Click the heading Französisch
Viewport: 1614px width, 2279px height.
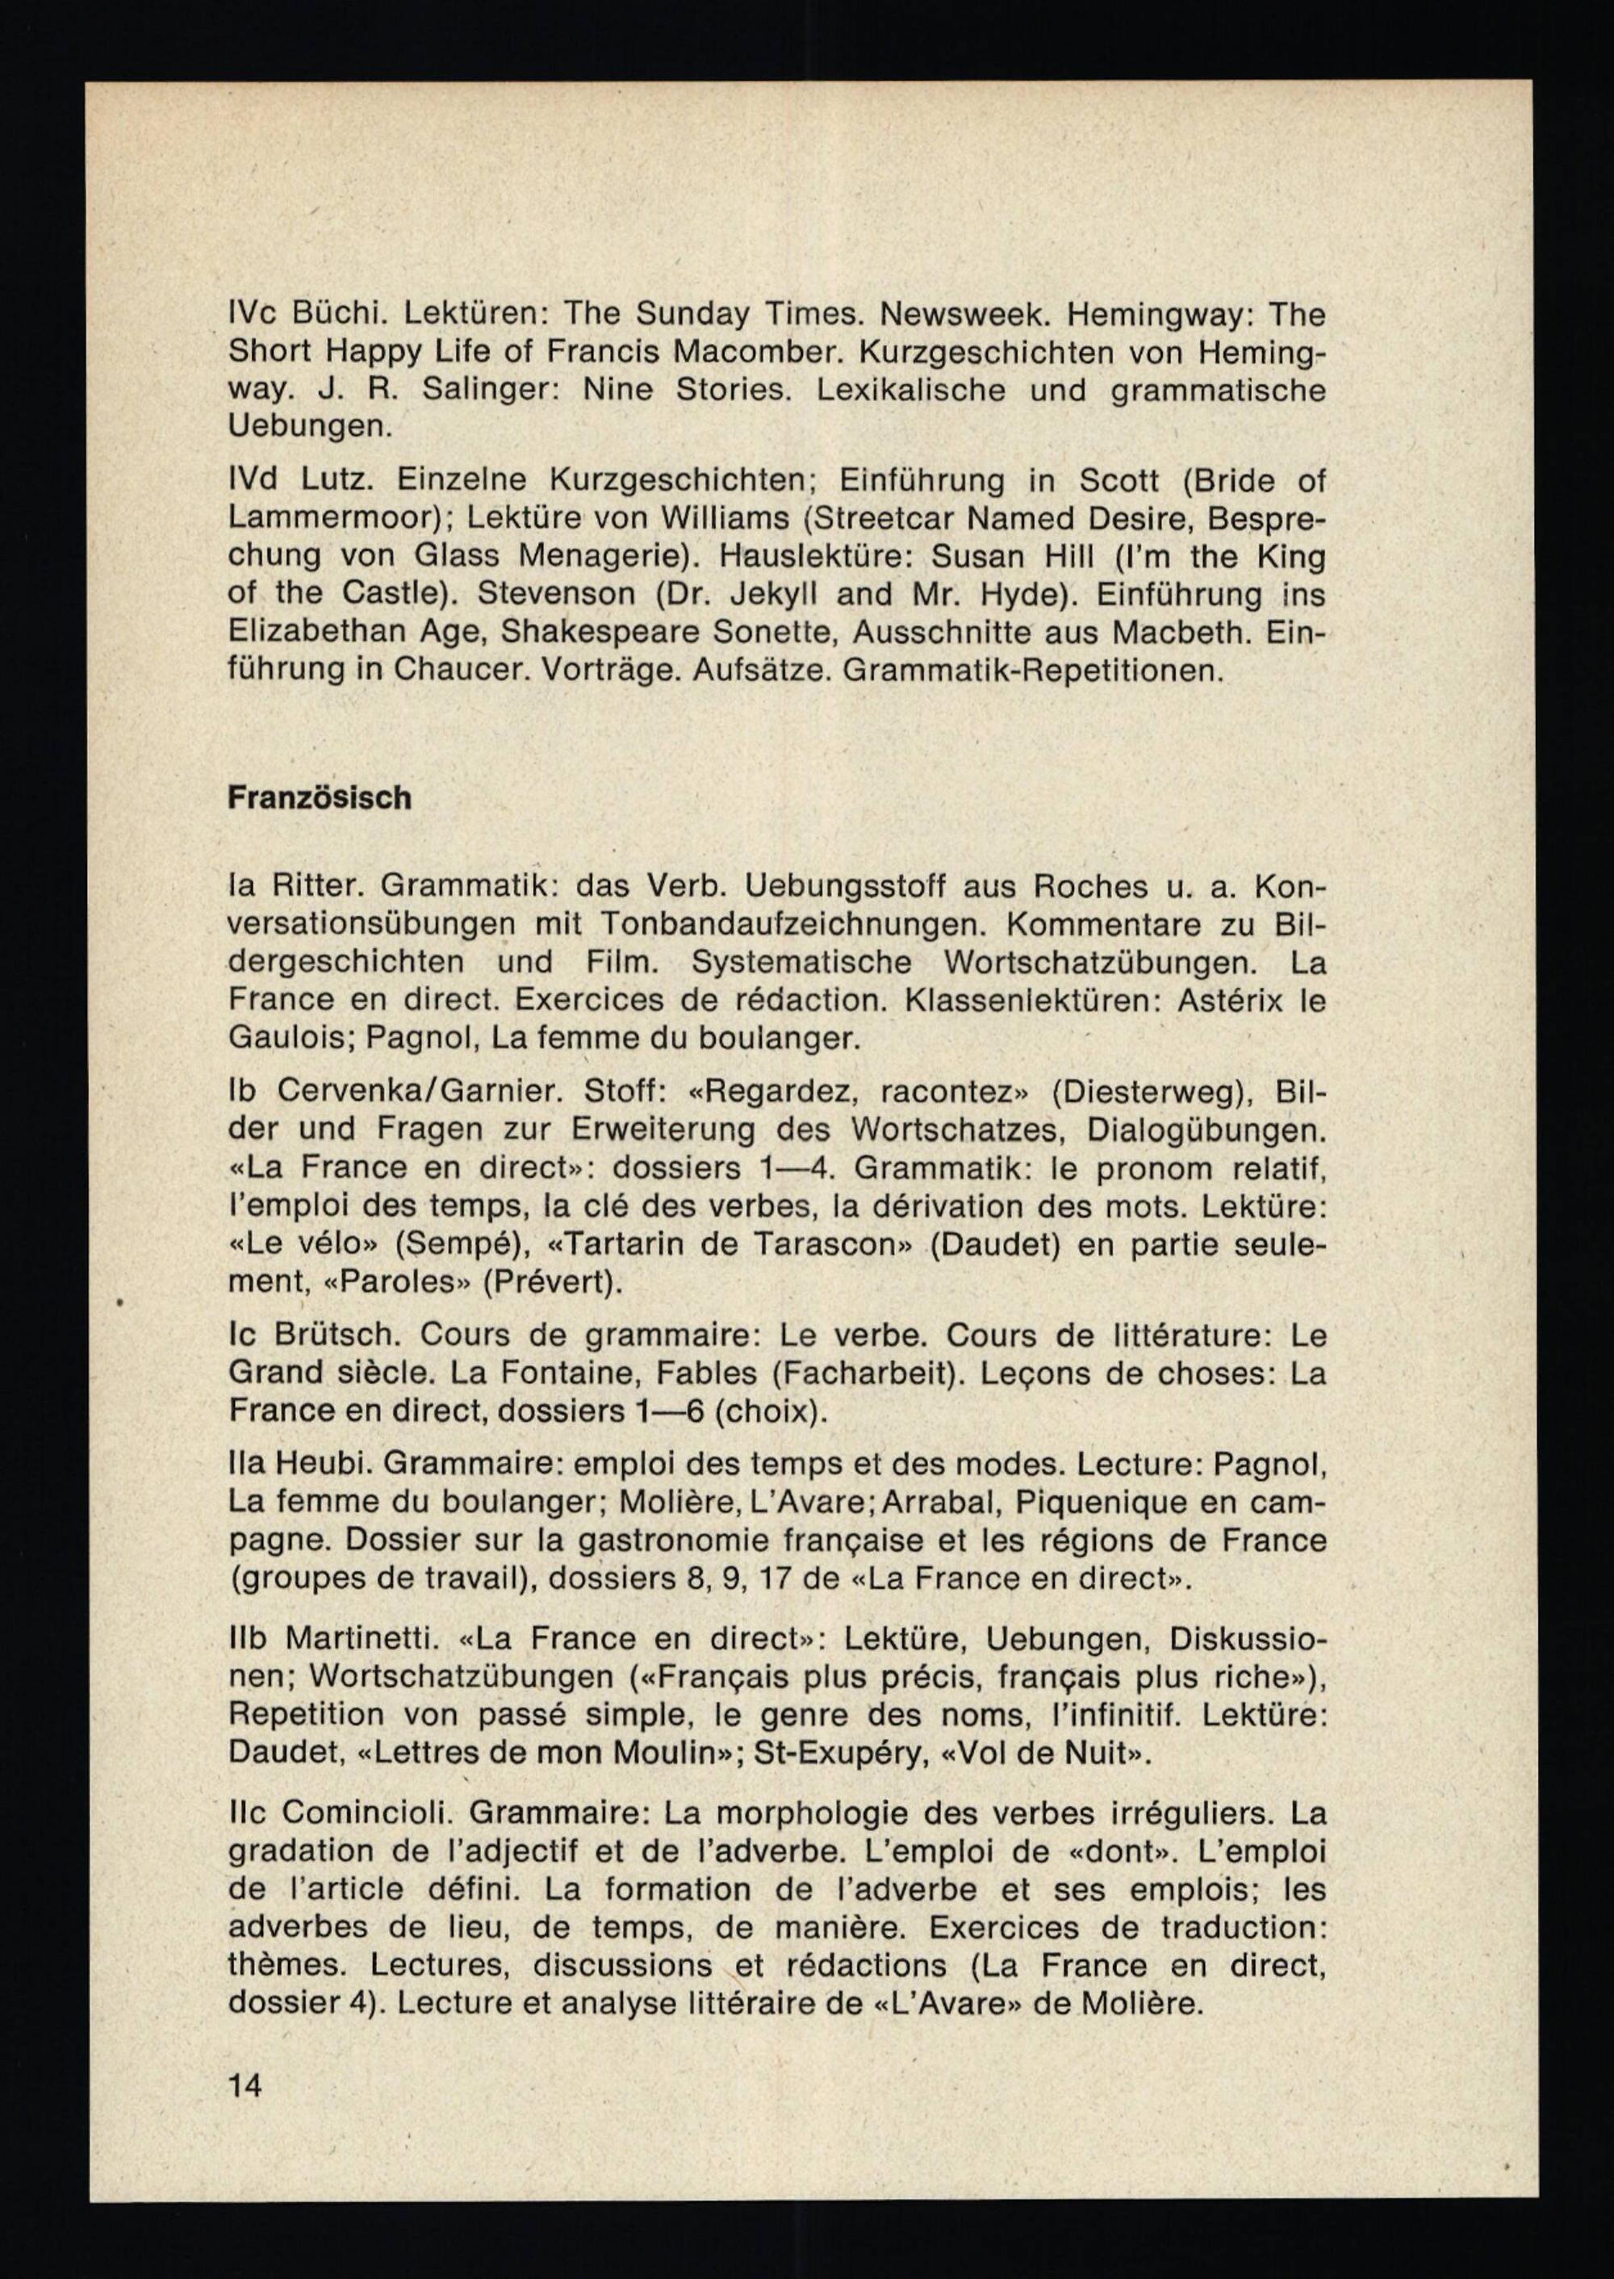319,798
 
